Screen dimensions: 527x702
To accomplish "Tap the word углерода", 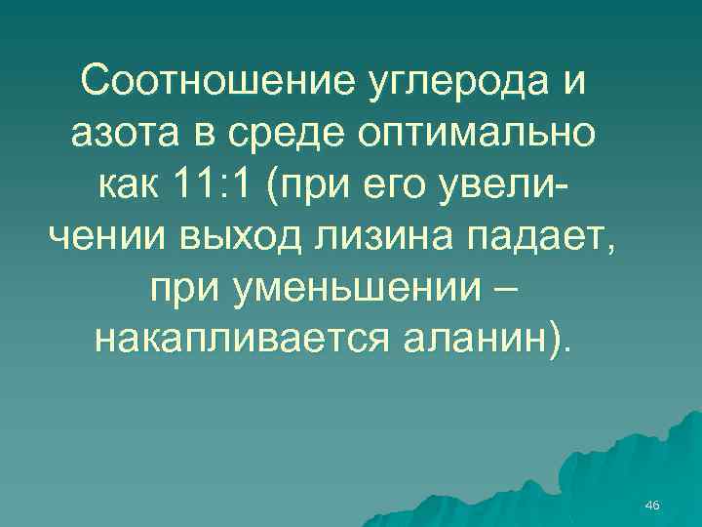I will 444,83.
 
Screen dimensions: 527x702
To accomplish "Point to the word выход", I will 241,235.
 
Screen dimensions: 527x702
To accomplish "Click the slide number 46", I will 653,504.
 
